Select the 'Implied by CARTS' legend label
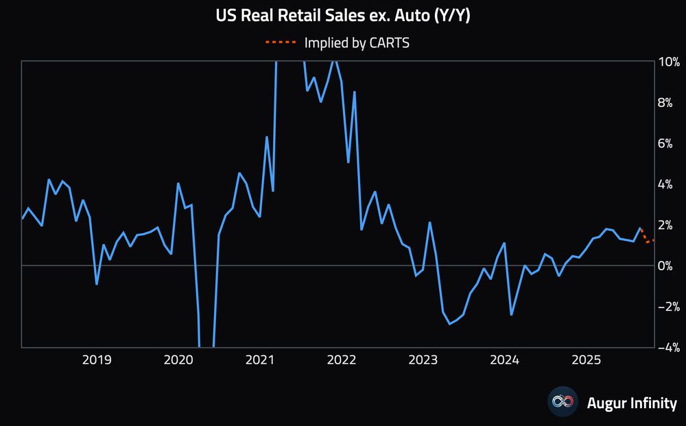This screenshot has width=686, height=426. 357,43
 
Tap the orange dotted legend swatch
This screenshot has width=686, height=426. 281,43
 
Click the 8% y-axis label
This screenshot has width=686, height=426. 670,102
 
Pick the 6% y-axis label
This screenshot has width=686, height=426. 670,143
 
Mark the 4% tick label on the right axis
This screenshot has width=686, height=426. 670,184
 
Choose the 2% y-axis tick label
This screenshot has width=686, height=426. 670,224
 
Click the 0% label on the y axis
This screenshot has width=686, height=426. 670,265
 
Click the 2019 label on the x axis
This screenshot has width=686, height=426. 97,359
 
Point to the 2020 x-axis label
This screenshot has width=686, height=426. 178,359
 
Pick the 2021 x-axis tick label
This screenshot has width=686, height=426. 260,359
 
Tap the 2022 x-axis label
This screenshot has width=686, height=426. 342,359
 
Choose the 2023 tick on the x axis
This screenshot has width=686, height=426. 423,359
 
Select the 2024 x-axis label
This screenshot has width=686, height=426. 505,359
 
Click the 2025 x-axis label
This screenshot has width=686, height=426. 587,359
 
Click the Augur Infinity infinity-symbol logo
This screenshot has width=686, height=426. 563,403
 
